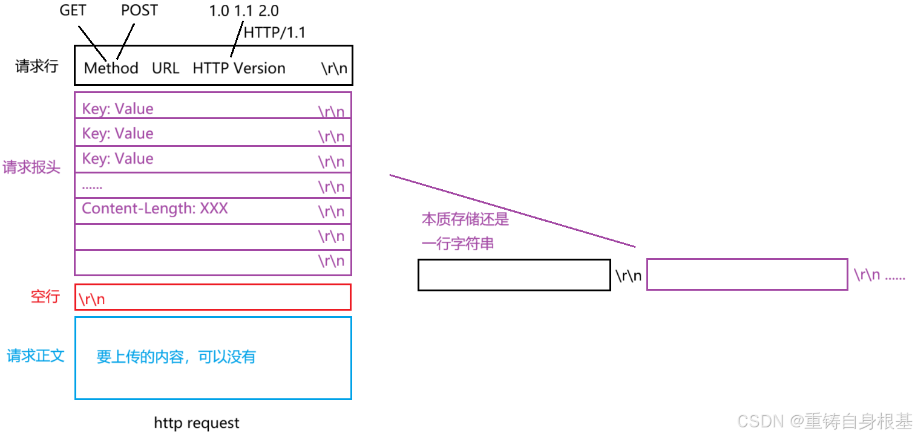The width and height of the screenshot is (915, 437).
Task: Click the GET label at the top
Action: click(73, 11)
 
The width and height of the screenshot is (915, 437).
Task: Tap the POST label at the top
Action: click(139, 11)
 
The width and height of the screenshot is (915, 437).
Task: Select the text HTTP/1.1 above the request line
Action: click(274, 32)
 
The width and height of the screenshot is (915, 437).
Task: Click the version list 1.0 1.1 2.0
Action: click(244, 11)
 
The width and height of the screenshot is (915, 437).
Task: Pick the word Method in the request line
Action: click(111, 68)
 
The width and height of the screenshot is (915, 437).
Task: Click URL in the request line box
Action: click(165, 68)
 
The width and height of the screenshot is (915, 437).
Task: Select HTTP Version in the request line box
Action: click(239, 68)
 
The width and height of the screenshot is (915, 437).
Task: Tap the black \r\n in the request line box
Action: click(334, 68)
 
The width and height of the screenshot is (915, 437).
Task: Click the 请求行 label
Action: click(36, 66)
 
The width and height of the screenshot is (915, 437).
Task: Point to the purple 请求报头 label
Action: click(31, 167)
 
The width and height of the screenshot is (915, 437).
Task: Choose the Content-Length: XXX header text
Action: click(155, 209)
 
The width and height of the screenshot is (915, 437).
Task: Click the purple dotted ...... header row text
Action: click(93, 186)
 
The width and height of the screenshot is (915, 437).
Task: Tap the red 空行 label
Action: click(45, 296)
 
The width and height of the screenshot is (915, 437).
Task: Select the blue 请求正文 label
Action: click(35, 355)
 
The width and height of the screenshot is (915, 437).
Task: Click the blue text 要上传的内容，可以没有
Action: click(176, 357)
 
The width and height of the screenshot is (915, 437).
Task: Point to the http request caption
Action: click(197, 422)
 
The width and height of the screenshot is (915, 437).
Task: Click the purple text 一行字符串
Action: click(457, 243)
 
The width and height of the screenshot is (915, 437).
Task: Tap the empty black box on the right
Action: click(514, 275)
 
